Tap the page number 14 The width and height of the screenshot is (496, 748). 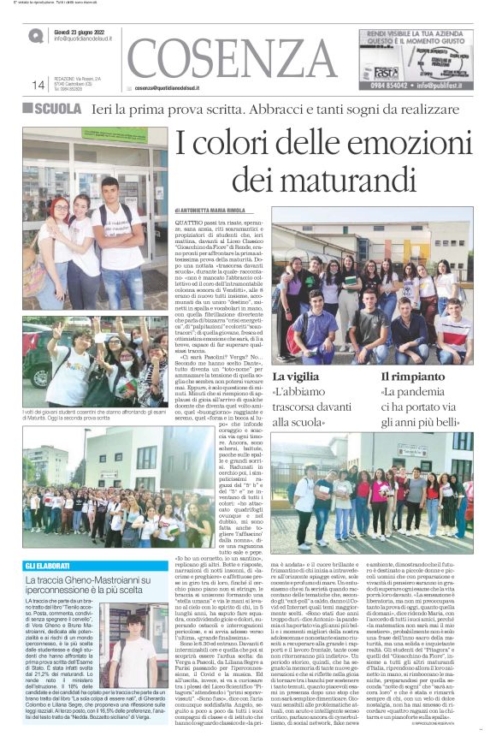click(38, 85)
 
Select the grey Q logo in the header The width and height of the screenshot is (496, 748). click(35, 36)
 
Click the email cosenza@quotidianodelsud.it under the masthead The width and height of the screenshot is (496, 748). click(179, 88)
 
